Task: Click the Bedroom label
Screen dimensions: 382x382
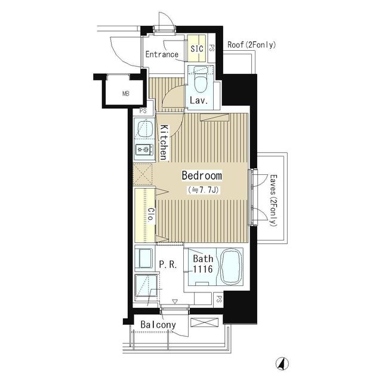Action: [x=202, y=175]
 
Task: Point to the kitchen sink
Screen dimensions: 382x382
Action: [x=145, y=129]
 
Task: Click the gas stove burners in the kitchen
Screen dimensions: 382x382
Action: [x=144, y=149]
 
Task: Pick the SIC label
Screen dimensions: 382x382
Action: [x=197, y=48]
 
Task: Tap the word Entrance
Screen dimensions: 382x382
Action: [x=162, y=54]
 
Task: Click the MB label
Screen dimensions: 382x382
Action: [x=126, y=93]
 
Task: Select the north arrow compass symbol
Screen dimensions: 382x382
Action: [x=282, y=363]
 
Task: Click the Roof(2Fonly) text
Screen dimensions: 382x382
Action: [x=251, y=45]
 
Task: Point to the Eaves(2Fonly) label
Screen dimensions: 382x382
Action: [x=273, y=201]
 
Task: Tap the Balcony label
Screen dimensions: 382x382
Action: [x=158, y=325]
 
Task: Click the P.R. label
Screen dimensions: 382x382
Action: [x=168, y=264]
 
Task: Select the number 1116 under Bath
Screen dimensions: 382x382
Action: [x=203, y=269]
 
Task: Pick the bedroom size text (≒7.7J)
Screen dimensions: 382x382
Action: [x=203, y=190]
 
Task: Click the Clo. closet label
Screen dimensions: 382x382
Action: [x=151, y=214]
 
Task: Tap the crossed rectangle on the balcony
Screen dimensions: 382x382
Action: [x=204, y=322]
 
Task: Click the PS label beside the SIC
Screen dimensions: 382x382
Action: [x=212, y=48]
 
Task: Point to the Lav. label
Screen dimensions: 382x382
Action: [x=199, y=100]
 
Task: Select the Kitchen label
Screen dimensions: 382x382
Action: [x=164, y=143]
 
